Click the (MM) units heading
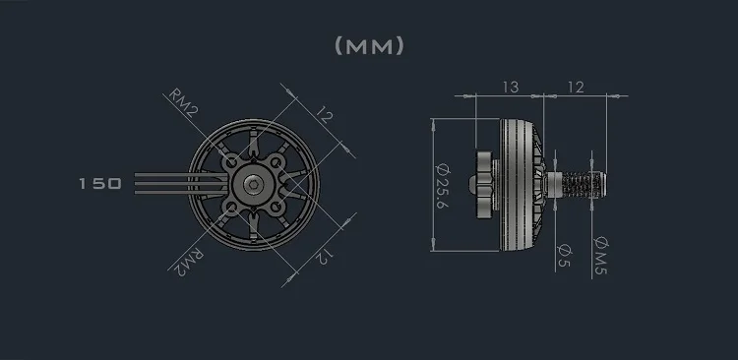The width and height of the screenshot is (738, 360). pos(369,46)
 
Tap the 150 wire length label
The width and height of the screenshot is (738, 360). pos(99,184)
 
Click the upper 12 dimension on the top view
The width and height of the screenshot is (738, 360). pos(325,122)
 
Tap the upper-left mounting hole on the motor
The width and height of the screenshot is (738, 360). pos(230,159)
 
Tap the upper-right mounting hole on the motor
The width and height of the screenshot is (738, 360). pos(278,159)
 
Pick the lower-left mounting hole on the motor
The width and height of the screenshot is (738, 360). pos(230,208)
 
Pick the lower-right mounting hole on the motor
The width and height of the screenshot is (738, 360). pos(278,208)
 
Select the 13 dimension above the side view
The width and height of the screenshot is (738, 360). pos(510,88)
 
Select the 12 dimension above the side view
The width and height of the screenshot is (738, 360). pos(576,88)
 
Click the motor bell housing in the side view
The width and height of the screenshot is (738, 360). pos(523,184)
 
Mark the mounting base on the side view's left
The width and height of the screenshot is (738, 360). pos(487,184)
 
